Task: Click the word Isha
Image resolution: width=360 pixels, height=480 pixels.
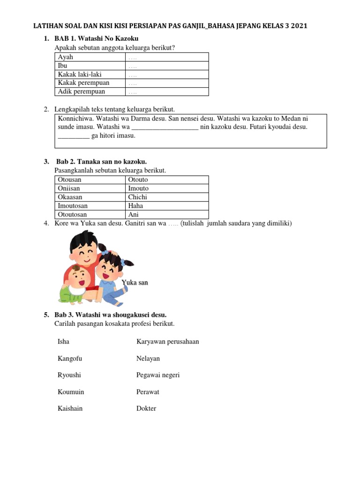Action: coord(63,342)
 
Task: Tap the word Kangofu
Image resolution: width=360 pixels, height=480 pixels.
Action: coord(70,359)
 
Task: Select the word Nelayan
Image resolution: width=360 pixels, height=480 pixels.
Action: coord(148,359)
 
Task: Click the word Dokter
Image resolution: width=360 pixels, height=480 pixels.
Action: coord(146,408)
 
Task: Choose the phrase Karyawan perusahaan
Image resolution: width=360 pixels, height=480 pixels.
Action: coord(167,342)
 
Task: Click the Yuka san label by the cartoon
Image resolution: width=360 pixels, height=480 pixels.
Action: coord(135,283)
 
